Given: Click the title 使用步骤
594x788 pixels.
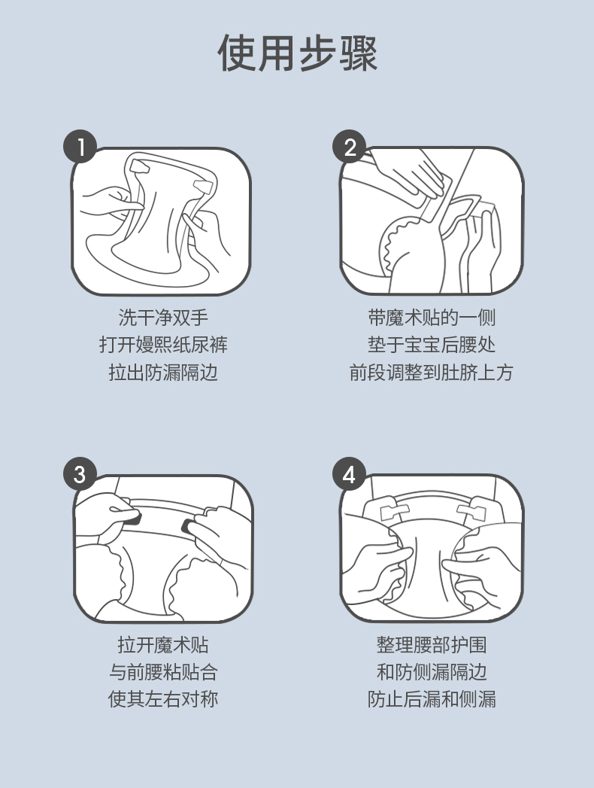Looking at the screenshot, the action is pos(297,53).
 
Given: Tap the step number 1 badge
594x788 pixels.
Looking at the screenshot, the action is pos(80,147).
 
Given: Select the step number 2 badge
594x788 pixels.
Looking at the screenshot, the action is pos(350,147).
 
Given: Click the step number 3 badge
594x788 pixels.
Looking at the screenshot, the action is pos(80,474).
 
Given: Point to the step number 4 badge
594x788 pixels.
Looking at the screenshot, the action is pos(350,474).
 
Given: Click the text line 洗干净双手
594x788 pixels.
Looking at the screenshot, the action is pos(163,318).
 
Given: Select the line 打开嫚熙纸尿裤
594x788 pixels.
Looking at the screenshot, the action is pos(163,345).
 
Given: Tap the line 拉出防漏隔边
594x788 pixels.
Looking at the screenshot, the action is pos(163,373).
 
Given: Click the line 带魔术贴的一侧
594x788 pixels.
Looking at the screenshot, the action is pos(432,318).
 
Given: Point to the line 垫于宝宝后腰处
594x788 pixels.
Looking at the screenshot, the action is pos(432,345).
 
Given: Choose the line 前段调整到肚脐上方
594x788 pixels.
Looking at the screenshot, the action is pos(432,373).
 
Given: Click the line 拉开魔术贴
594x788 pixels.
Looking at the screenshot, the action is pos(163,645).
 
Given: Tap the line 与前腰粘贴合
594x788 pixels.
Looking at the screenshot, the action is pos(163,672).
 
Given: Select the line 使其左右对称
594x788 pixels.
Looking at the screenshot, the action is pos(163,699).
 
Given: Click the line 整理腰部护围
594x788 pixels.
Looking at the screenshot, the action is pos(432,645).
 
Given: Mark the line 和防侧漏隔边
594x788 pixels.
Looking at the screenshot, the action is pos(432,672).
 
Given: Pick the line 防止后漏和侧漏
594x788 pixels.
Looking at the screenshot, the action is pos(432,699).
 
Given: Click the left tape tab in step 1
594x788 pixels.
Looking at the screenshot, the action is pos(140,166).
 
